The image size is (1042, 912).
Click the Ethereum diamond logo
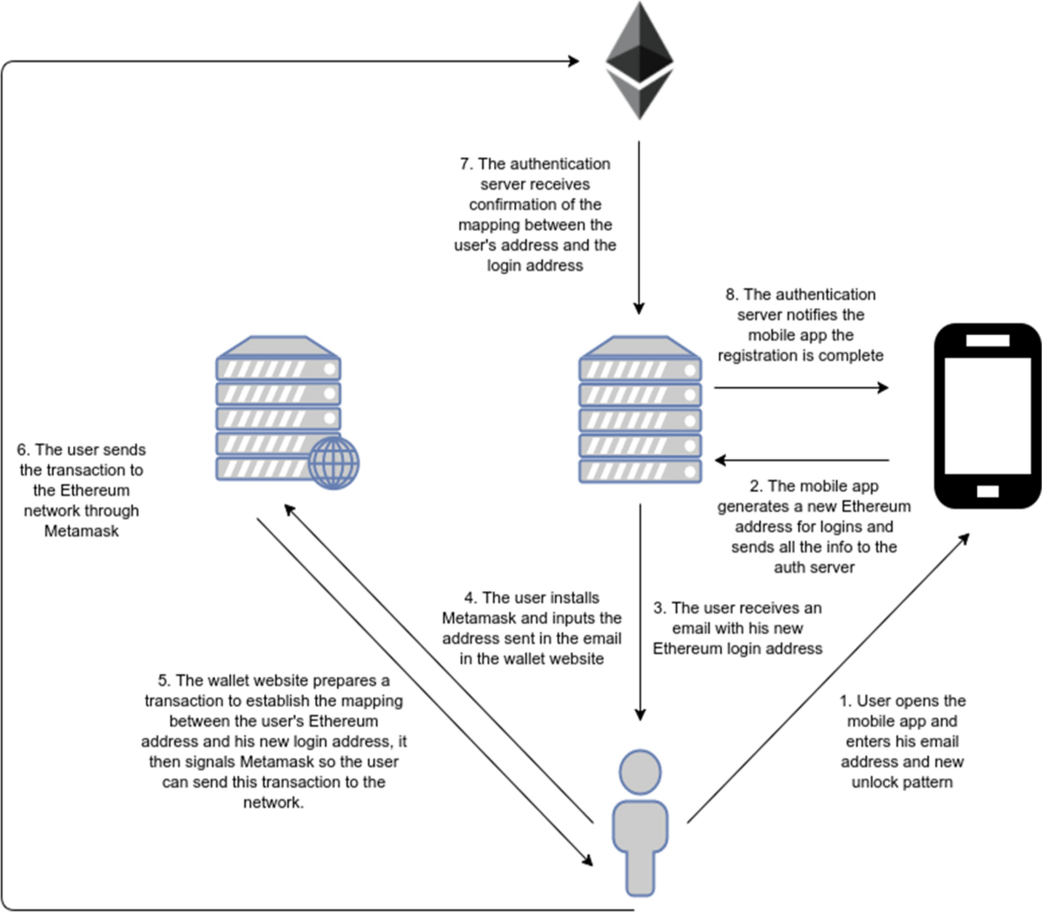pos(639,61)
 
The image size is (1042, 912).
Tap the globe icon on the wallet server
pos(333,463)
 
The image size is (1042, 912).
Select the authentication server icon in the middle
pos(640,408)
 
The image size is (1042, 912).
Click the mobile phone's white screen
pos(987,416)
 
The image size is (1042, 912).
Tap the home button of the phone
pos(987,492)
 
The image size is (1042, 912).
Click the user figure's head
pos(640,772)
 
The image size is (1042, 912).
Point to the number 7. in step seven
pos(466,164)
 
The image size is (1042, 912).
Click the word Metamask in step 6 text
pos(81,531)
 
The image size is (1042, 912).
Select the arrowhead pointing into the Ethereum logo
pos(574,61)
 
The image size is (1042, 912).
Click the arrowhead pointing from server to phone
pos(883,388)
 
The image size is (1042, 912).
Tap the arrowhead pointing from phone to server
pos(720,461)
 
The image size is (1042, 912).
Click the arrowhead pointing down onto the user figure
pos(640,715)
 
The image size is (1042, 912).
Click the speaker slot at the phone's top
pos(987,341)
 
